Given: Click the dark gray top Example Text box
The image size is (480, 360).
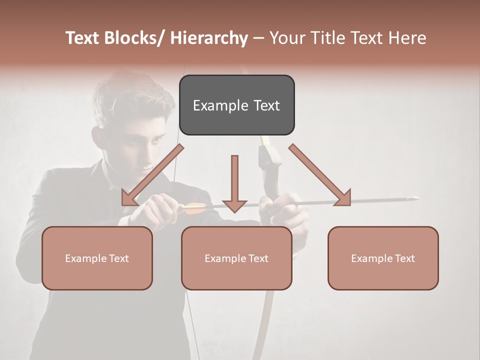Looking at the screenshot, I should point(236,105).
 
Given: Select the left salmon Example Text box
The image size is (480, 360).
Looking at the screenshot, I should point(97,258).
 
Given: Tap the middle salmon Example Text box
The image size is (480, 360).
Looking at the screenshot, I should point(236,258).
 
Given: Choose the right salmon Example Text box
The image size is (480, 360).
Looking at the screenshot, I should point(383,258).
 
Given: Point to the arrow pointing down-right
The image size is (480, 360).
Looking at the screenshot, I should point(320,175).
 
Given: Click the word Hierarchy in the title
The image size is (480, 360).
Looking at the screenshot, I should point(209,38).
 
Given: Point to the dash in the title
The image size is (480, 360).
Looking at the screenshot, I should point(258,38).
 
